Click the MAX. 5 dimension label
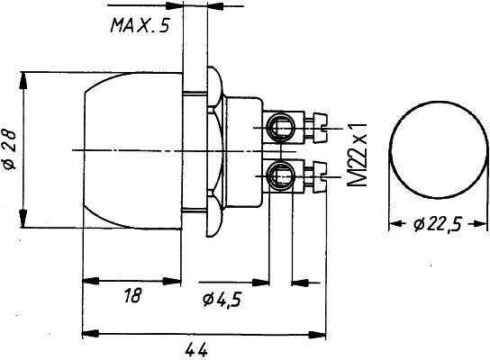140,25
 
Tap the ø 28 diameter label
9,149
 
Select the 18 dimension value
132,295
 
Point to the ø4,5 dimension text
222,300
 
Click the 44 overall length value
196,350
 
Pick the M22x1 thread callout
357,155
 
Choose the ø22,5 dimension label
438,224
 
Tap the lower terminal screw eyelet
280,175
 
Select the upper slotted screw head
321,128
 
